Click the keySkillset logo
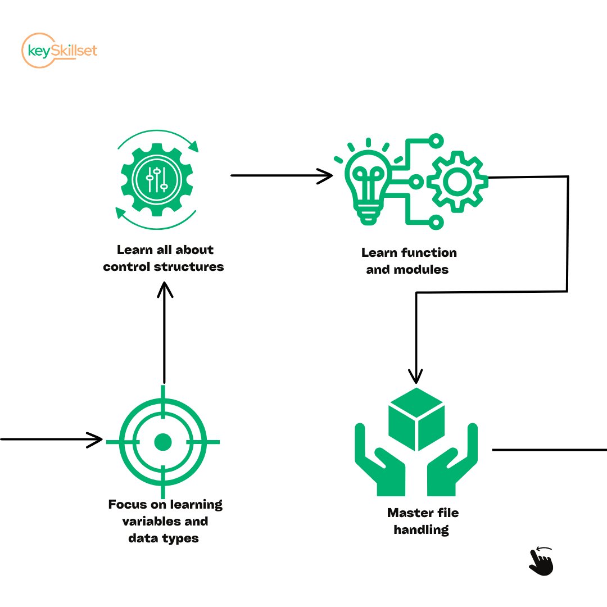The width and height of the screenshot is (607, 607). (58, 51)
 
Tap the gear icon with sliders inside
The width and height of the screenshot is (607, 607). (157, 179)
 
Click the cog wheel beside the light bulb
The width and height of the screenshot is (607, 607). (457, 181)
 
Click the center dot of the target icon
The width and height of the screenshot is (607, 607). (163, 442)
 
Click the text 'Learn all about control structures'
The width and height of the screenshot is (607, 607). (164, 258)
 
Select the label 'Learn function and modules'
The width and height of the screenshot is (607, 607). (409, 261)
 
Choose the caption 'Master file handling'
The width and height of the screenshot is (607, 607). (422, 521)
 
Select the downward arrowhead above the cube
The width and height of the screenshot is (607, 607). (415, 376)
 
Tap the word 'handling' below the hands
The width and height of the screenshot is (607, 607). (422, 529)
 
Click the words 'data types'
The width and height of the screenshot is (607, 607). (164, 538)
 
